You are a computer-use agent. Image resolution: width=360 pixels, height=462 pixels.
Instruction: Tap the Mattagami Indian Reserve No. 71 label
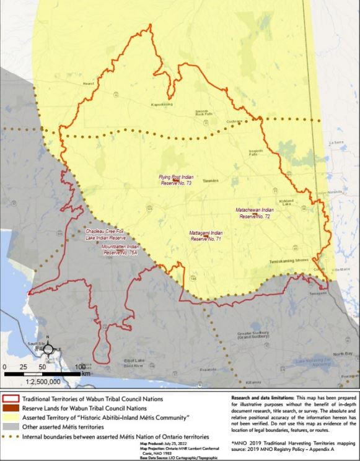coord(206,235)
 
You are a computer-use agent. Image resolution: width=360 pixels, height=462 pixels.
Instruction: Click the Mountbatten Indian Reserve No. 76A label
coord(120,249)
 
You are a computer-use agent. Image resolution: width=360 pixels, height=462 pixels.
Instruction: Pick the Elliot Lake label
coord(133,361)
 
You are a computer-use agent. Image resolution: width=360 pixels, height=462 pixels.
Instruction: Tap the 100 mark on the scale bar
coord(81,367)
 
